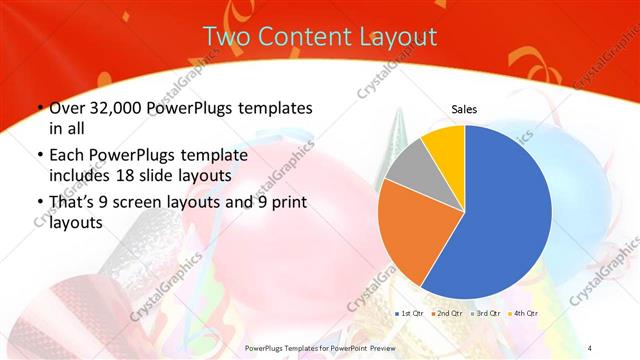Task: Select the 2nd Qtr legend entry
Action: pyautogui.click(x=447, y=314)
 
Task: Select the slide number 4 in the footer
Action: pyautogui.click(x=591, y=347)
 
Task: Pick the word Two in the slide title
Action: pyautogui.click(x=223, y=37)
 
